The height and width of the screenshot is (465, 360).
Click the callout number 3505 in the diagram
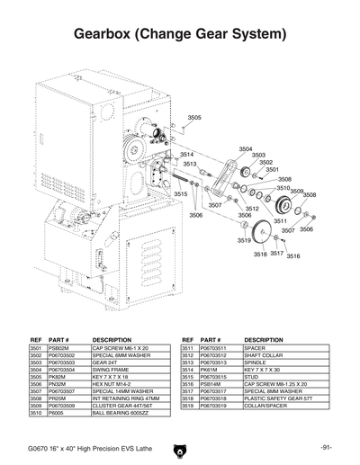click(x=195, y=118)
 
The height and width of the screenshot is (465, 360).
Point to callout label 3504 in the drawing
click(x=246, y=148)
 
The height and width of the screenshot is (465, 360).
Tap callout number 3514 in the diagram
click(x=187, y=155)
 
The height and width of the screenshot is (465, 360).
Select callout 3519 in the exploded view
click(x=244, y=241)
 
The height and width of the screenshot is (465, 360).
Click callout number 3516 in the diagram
click(x=292, y=255)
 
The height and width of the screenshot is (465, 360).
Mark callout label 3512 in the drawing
click(x=252, y=208)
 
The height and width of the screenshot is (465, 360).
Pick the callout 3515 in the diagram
click(x=181, y=194)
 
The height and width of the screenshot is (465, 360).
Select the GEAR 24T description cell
click(x=103, y=362)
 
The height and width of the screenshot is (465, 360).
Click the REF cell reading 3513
click(x=187, y=362)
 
